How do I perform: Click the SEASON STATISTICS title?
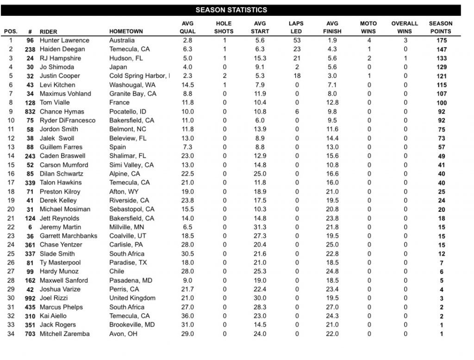tap(231, 10)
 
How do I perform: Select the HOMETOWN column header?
tap(126, 32)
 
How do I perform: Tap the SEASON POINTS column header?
tap(440, 27)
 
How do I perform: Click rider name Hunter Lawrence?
tap(64, 40)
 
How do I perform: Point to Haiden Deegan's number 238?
tap(30, 49)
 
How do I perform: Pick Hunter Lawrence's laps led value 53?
tap(297, 40)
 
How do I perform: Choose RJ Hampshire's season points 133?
tap(441, 58)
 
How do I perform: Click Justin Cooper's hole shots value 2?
tap(225, 76)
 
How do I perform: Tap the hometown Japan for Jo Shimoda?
tap(118, 67)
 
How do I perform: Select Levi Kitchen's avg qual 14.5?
tap(187, 85)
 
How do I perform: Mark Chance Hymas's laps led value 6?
tap(297, 112)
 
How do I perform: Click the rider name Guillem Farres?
tap(60, 147)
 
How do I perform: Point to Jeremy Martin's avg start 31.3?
tap(260, 227)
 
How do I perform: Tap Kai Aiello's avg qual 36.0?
tap(187, 316)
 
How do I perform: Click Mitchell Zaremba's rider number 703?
tap(30, 334)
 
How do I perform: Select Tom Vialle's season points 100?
tap(441, 103)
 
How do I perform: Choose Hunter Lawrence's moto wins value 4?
tap(369, 40)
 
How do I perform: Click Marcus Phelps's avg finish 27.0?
tap(332, 307)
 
